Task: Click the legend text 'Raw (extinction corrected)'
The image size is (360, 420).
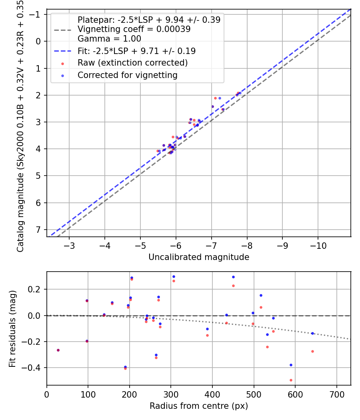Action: click(x=132, y=63)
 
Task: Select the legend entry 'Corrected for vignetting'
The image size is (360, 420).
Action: click(x=128, y=75)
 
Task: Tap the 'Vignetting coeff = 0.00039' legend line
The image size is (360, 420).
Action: click(x=134, y=29)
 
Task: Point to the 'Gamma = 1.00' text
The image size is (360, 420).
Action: click(x=109, y=38)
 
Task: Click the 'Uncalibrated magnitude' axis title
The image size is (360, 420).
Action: click(x=199, y=257)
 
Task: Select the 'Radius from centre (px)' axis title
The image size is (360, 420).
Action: click(x=199, y=406)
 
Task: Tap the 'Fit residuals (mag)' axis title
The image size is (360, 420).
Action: click(x=12, y=329)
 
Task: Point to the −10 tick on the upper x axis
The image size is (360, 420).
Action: click(x=318, y=246)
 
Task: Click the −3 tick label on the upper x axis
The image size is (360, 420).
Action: click(x=69, y=246)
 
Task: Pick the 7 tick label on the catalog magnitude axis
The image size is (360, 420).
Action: click(x=38, y=230)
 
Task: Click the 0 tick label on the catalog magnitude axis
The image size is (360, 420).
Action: click(x=38, y=42)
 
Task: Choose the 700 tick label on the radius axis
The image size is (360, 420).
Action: click(x=337, y=394)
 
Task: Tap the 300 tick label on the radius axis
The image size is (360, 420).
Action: click(x=171, y=394)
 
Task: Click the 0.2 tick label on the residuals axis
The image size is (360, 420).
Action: click(x=34, y=289)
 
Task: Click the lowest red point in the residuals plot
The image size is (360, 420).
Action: click(x=291, y=380)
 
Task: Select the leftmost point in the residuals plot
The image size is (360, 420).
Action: click(x=58, y=350)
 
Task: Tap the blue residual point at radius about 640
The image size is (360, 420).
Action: click(x=312, y=334)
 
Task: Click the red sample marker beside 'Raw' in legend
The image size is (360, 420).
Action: click(x=63, y=64)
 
